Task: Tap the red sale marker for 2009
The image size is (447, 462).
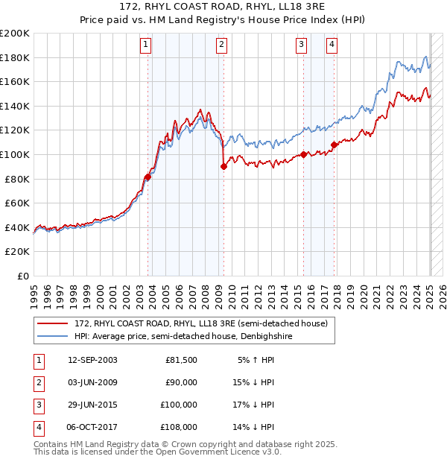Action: (223, 167)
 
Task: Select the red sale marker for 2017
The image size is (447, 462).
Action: (335, 145)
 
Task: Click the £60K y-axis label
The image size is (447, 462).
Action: (16, 203)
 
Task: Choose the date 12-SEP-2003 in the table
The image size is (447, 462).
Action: (92, 360)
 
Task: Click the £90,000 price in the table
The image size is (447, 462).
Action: (180, 382)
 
